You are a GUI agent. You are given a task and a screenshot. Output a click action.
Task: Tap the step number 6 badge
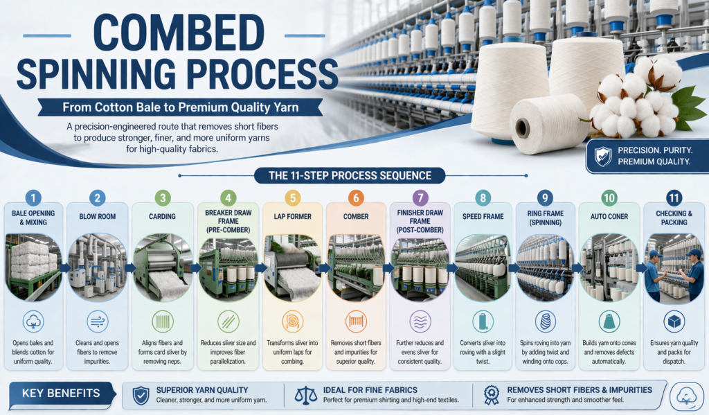pos(356,198)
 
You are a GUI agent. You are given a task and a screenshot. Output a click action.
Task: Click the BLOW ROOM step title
pos(98,216)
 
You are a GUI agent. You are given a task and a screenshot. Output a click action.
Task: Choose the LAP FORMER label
pos(291,216)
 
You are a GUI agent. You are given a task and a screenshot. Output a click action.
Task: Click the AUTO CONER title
pos(609,216)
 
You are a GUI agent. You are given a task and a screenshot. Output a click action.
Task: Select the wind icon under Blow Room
pos(98,321)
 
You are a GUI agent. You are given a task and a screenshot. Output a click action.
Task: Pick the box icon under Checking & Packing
pos(672,321)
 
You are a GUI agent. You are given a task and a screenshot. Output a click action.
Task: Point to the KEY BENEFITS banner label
pos(61,394)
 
